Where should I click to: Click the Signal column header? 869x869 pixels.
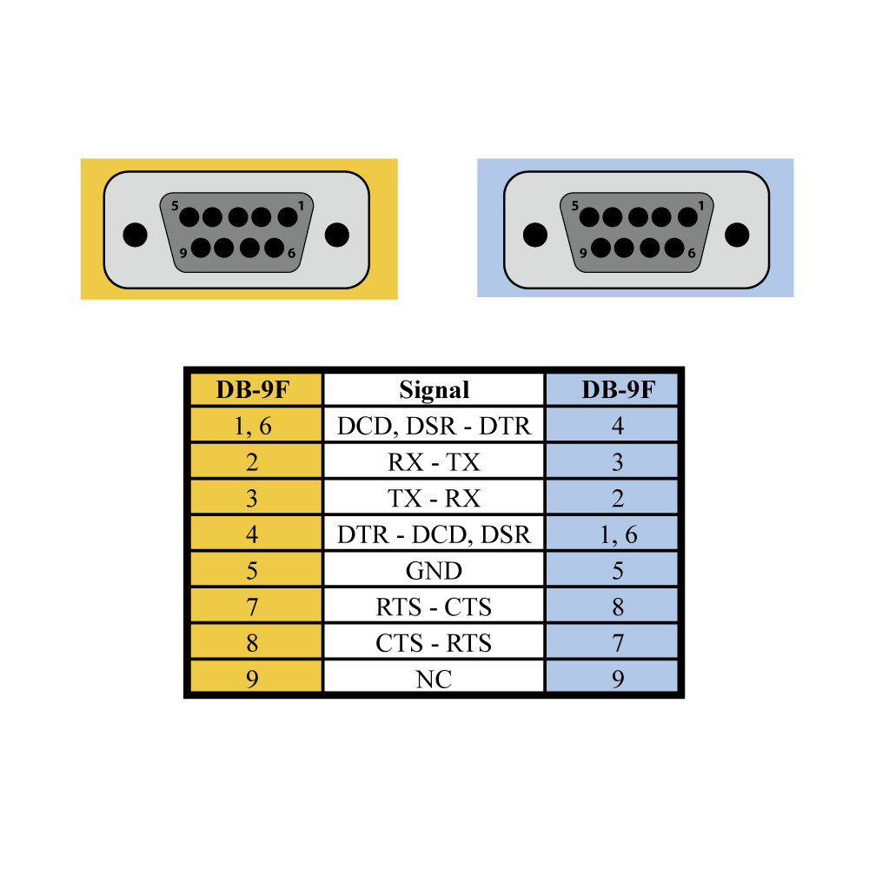click(x=434, y=389)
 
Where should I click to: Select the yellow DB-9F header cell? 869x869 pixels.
click(x=252, y=389)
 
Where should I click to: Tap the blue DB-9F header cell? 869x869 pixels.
click(x=617, y=389)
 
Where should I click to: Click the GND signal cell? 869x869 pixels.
click(x=434, y=570)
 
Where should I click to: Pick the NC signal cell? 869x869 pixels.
click(x=434, y=679)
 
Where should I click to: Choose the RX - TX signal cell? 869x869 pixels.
click(x=434, y=461)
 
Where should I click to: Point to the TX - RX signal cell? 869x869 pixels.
click(x=434, y=498)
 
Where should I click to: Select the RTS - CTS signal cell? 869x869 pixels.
click(x=434, y=606)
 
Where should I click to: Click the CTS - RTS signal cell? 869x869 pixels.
click(x=434, y=642)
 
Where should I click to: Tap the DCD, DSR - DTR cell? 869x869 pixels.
click(x=434, y=426)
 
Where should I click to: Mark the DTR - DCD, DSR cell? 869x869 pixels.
click(x=434, y=534)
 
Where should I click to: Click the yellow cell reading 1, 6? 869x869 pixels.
click(x=252, y=426)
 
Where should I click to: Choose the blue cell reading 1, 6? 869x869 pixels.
click(x=617, y=534)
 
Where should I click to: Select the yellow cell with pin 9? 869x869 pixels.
click(x=252, y=679)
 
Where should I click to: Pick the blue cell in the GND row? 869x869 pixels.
click(x=617, y=570)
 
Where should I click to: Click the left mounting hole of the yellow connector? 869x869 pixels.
click(x=133, y=235)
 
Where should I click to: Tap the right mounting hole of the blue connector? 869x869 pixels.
click(x=737, y=234)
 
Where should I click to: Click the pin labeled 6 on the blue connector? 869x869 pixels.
click(x=675, y=247)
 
